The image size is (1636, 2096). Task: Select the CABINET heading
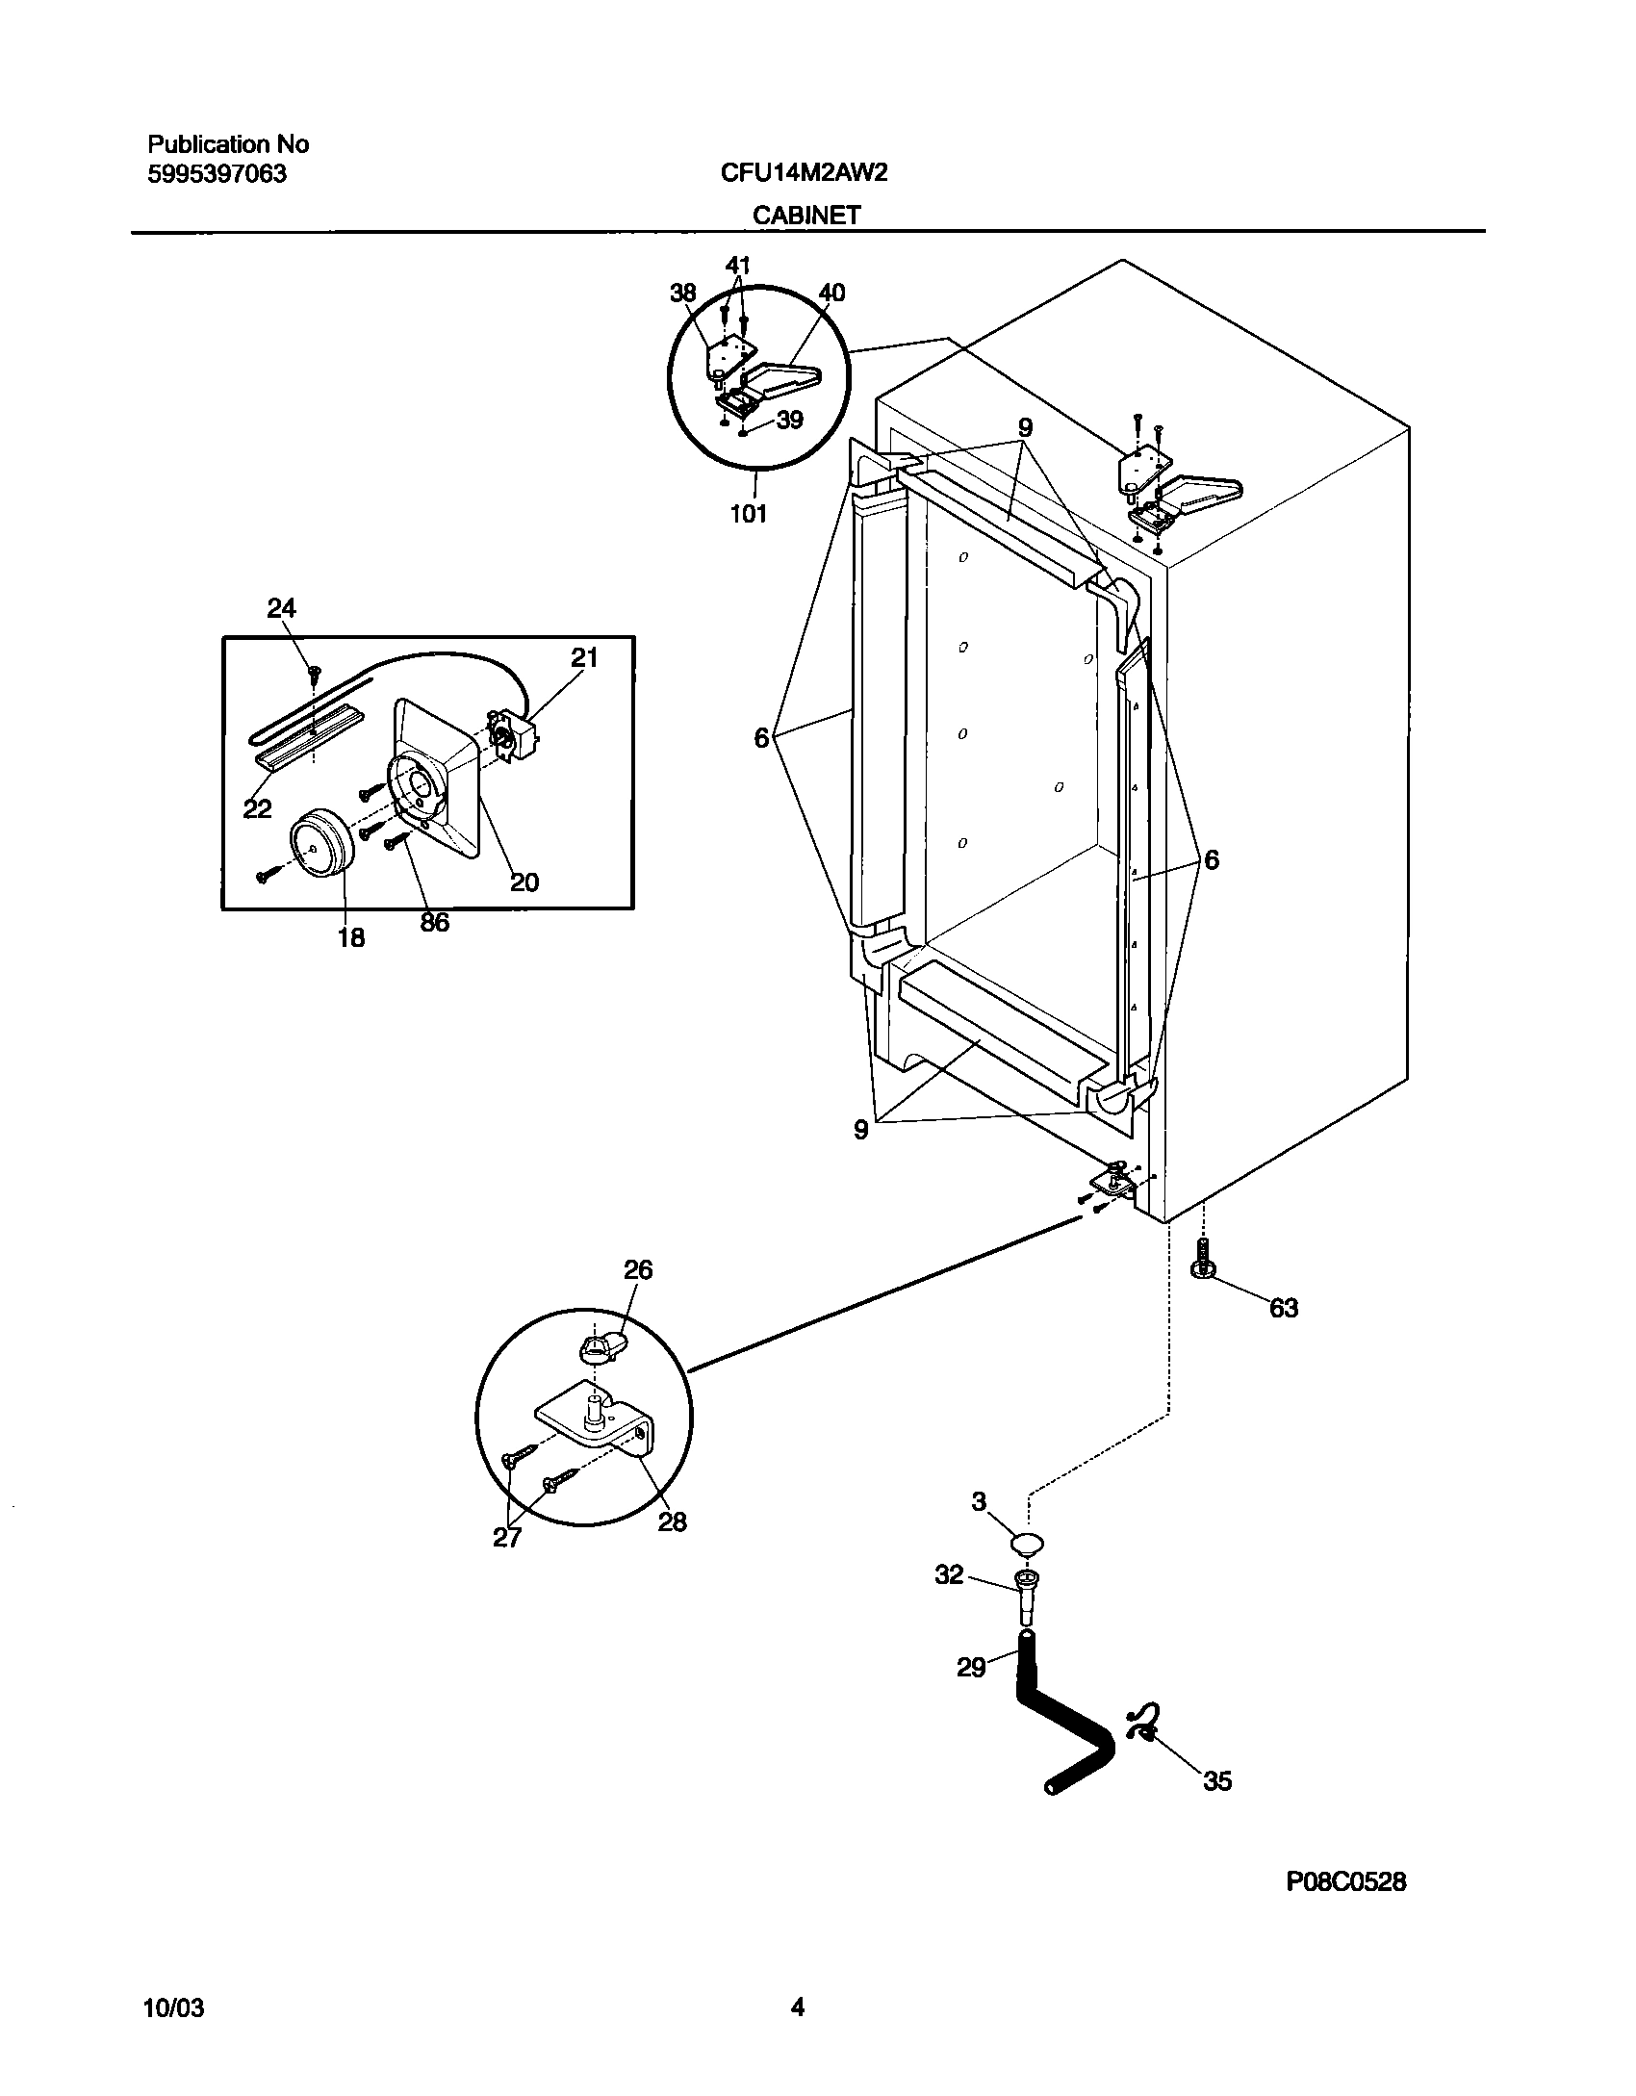805,216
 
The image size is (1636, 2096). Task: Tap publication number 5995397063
217,175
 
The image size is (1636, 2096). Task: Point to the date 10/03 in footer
173,2007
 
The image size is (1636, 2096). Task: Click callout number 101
748,514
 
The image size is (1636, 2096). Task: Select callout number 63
1284,1308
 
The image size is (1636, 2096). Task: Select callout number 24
281,608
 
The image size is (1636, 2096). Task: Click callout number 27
507,1537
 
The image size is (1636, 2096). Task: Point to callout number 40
831,293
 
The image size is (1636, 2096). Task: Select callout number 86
434,922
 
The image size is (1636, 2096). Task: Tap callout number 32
949,1574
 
